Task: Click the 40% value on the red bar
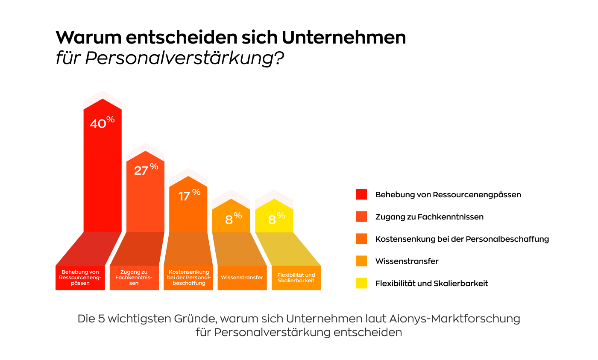tap(102, 123)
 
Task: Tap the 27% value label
tap(146, 170)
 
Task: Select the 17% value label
tap(189, 195)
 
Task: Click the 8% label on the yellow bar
tap(277, 219)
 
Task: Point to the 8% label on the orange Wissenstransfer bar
tap(234, 219)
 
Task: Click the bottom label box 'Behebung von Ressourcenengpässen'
tap(80, 278)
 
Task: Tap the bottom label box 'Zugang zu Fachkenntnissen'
tap(134, 278)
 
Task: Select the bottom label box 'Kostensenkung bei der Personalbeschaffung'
tap(188, 278)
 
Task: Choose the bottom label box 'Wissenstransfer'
tap(242, 278)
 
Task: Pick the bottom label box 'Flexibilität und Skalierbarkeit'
tap(296, 278)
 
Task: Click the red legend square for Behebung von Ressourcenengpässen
tap(361, 194)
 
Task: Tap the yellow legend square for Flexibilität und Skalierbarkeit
tap(361, 283)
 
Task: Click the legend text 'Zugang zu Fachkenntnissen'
tap(429, 217)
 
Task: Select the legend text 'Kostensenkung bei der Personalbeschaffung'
tap(462, 239)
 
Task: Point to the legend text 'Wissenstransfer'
tap(407, 261)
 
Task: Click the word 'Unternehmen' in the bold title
tap(344, 37)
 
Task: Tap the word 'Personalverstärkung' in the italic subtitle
tap(179, 58)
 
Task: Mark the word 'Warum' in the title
tap(89, 37)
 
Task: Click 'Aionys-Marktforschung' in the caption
tap(454, 319)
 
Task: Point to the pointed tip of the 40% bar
tap(103, 99)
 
